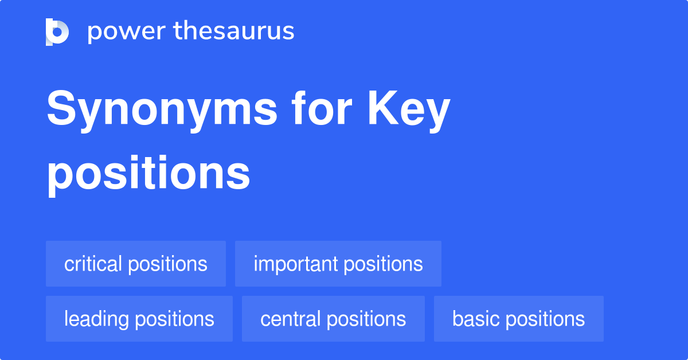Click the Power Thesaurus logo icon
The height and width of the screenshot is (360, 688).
(57, 32)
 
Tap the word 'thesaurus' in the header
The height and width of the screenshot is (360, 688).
(234, 32)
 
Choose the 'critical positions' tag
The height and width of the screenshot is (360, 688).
(136, 264)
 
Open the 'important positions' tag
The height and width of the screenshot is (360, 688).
(338, 264)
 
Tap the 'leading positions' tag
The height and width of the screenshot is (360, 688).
(139, 319)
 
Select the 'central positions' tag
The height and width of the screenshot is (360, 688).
(333, 319)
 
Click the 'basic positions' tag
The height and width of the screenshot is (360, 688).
(518, 319)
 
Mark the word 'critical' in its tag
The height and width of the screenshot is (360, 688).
(93, 264)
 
